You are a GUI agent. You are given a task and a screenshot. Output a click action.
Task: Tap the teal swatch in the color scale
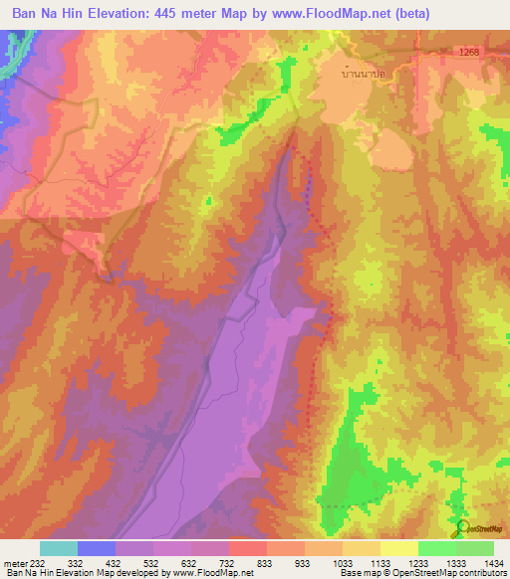pos(59,548)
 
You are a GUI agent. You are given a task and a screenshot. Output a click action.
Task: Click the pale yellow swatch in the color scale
pos(398,548)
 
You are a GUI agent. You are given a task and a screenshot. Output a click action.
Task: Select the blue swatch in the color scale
pos(97,548)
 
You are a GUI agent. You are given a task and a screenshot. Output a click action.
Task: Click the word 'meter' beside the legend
pos(15,562)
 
